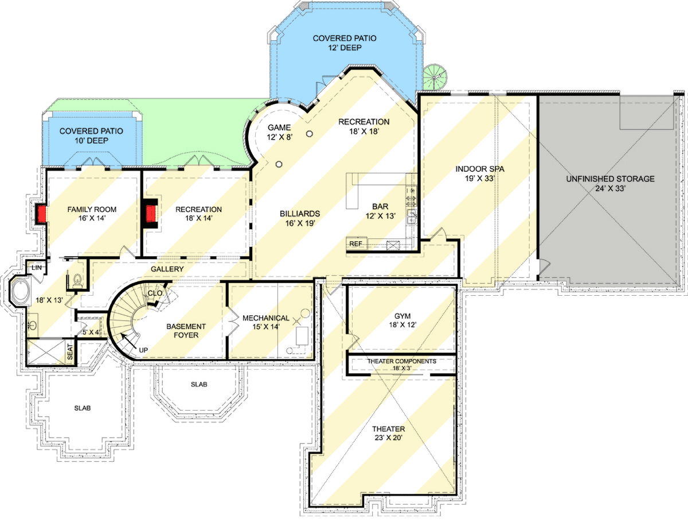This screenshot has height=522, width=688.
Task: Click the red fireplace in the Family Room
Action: point(41,214)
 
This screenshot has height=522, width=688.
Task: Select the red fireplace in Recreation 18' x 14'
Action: point(151,214)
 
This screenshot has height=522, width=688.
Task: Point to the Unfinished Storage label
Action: point(610,184)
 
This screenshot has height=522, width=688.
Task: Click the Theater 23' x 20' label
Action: point(388,434)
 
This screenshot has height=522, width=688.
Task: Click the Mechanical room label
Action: point(265,323)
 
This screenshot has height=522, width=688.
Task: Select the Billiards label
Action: point(299,218)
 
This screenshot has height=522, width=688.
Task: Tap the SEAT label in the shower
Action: point(70,352)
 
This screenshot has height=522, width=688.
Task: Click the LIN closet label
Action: point(36,268)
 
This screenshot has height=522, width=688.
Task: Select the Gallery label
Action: point(167,269)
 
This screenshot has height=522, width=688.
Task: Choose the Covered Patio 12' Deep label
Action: point(345,43)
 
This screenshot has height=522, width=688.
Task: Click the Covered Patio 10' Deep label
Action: point(91,136)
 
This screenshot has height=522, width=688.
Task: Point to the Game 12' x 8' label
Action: point(280,132)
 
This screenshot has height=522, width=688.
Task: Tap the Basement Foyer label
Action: point(186,331)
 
